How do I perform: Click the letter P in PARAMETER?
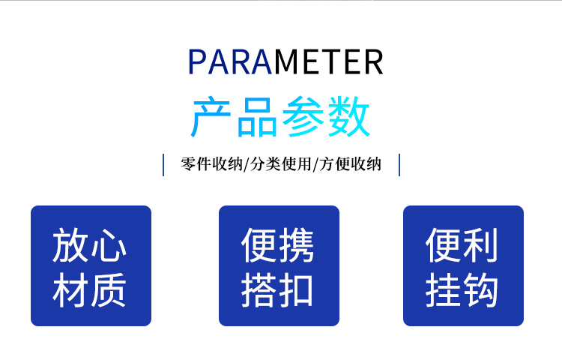(x=196, y=61)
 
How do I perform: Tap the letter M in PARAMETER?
(x=288, y=61)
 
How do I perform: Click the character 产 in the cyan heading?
(x=211, y=116)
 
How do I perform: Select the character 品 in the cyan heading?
(x=256, y=116)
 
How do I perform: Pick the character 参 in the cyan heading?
(x=303, y=116)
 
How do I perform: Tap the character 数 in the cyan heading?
(x=348, y=116)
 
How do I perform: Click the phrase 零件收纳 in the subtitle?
(x=212, y=164)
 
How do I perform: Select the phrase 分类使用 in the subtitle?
(x=281, y=164)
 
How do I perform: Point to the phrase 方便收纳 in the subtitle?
(x=350, y=164)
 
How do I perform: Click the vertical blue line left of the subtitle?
(x=163, y=165)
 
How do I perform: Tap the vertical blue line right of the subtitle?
(x=399, y=165)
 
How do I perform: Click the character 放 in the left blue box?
(x=70, y=245)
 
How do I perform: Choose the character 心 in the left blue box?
(x=108, y=245)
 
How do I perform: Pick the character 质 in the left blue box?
(x=108, y=289)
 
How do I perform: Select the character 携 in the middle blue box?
(x=297, y=245)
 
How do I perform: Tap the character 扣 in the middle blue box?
(x=297, y=289)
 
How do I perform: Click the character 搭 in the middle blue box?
(x=259, y=289)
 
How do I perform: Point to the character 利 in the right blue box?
(x=480, y=245)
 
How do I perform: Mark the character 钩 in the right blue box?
(x=480, y=289)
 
